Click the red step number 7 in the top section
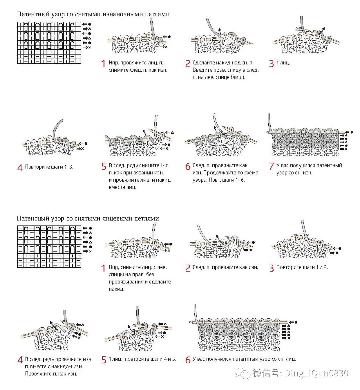click(271, 166)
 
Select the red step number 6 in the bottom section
click(188, 360)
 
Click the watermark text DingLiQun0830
click(316, 373)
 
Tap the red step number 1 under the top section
click(103, 63)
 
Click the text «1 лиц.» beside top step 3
click(283, 63)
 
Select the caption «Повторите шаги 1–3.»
click(49, 167)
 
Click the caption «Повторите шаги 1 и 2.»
click(302, 267)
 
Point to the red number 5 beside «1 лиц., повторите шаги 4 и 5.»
click(104, 360)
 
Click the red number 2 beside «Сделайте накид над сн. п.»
click(188, 63)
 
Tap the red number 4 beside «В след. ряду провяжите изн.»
click(20, 360)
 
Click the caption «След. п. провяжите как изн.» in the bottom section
click(225, 267)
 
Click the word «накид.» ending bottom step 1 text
click(116, 289)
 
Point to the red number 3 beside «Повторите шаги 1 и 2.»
click(271, 268)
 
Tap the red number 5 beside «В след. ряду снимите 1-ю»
click(104, 166)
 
